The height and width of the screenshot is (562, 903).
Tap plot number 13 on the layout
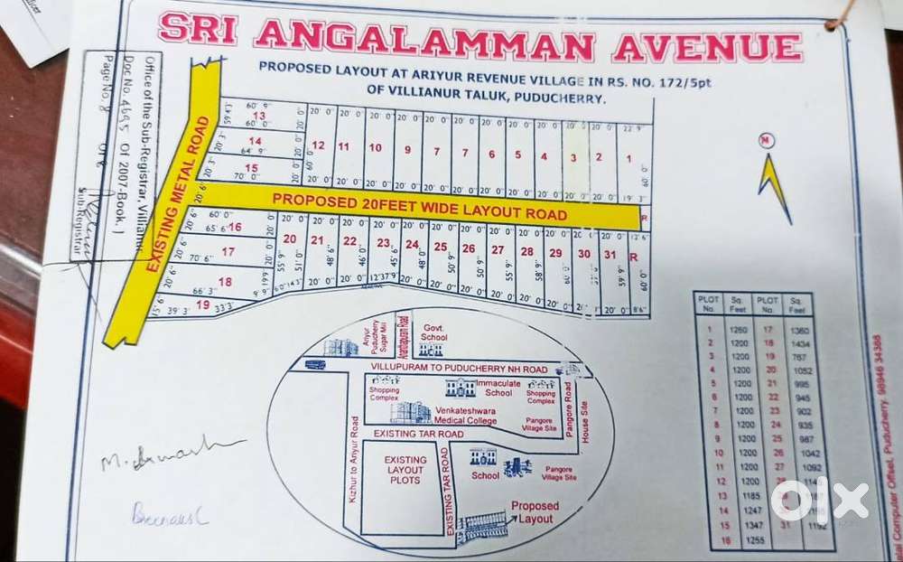pyautogui.click(x=259, y=116)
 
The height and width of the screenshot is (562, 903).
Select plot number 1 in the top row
pyautogui.click(x=628, y=159)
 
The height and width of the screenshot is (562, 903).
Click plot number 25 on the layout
pyautogui.click(x=440, y=247)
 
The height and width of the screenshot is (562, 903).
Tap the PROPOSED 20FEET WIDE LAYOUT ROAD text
pyautogui.click(x=419, y=208)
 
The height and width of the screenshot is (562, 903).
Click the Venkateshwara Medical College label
pyautogui.click(x=466, y=415)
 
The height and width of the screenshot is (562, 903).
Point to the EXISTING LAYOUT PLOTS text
pyautogui.click(x=405, y=470)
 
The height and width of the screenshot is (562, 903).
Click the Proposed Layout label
pyautogui.click(x=535, y=512)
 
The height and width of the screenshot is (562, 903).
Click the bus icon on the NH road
pyautogui.click(x=315, y=364)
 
